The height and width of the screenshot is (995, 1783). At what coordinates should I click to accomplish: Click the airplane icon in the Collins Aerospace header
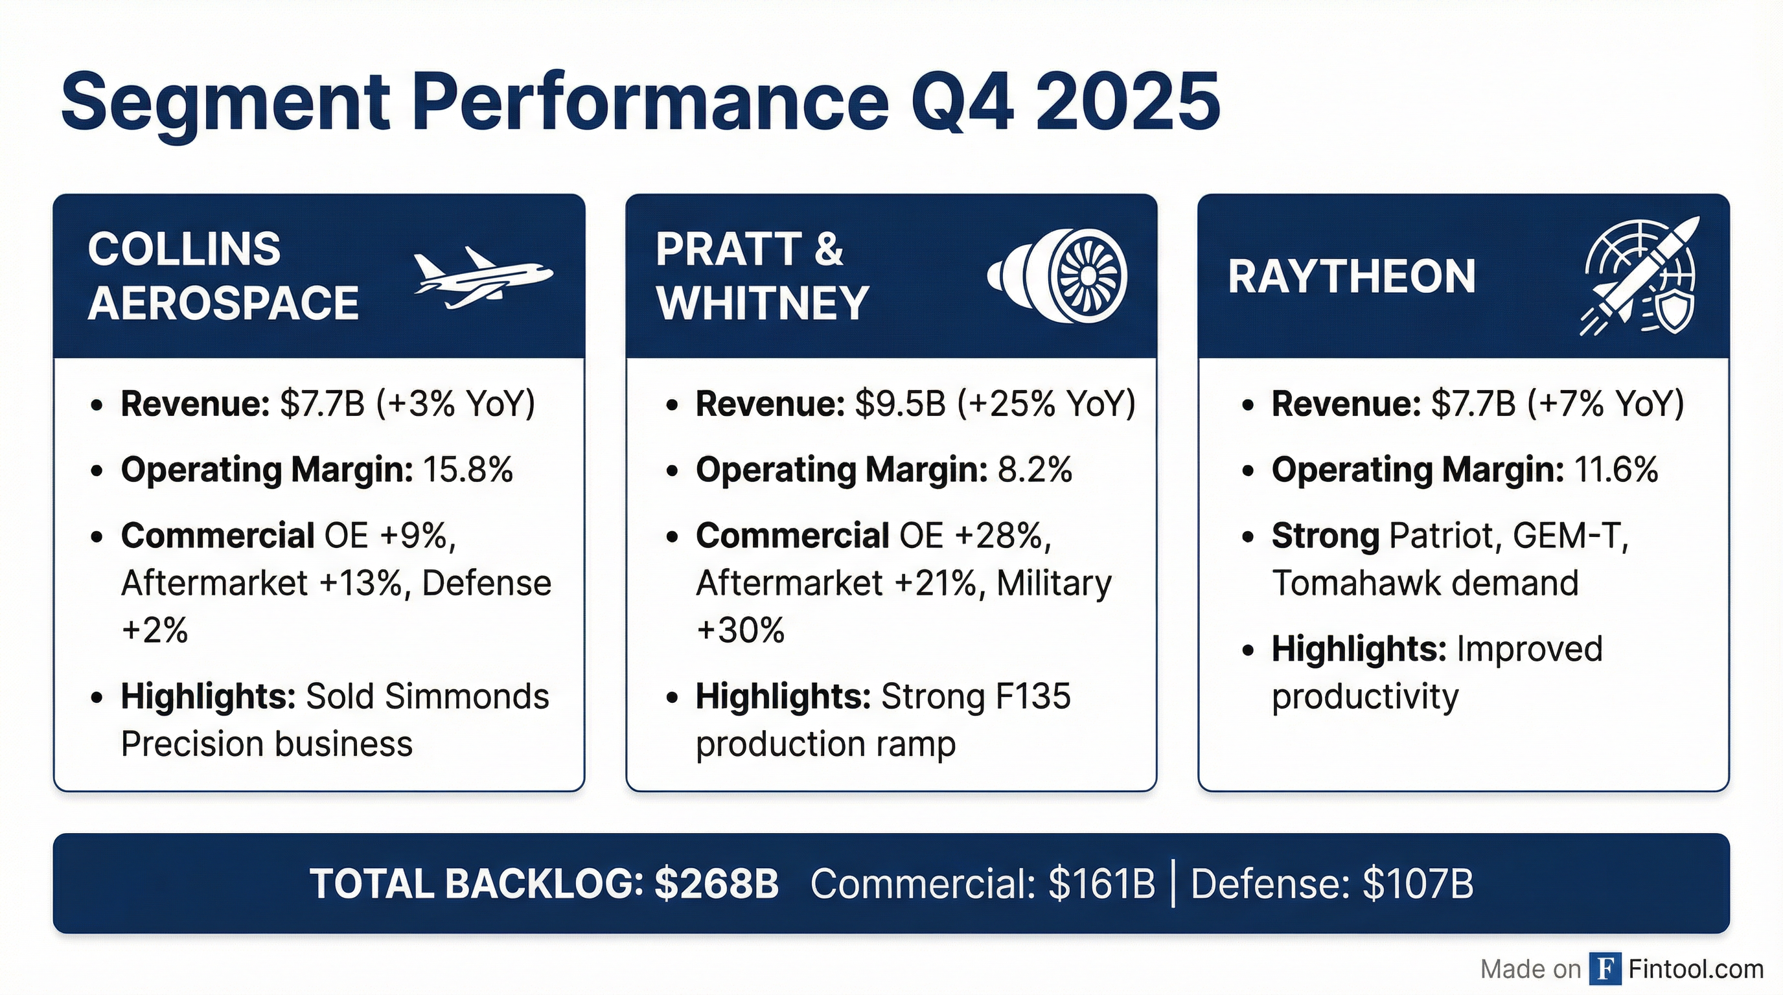(483, 277)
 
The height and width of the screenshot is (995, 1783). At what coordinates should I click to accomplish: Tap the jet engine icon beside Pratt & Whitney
(1057, 275)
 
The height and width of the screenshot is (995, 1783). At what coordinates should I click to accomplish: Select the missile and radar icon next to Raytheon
(1638, 275)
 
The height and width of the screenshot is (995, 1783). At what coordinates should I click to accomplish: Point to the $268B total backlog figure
(717, 884)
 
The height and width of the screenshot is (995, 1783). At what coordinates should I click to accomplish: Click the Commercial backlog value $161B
(1102, 884)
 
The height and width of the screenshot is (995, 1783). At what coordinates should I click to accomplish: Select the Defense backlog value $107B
(1418, 884)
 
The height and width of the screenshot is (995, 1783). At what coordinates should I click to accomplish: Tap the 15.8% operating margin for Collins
(468, 470)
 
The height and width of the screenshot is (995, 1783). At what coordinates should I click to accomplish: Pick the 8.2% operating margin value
(1035, 470)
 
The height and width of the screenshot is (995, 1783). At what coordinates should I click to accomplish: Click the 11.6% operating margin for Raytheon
(1616, 470)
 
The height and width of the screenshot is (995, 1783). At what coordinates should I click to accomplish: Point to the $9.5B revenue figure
(900, 404)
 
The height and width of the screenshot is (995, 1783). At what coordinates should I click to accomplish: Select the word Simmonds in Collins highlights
(467, 696)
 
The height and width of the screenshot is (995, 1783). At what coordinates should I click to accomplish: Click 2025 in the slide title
(1128, 102)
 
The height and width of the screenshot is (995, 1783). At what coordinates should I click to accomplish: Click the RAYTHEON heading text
(1352, 276)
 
